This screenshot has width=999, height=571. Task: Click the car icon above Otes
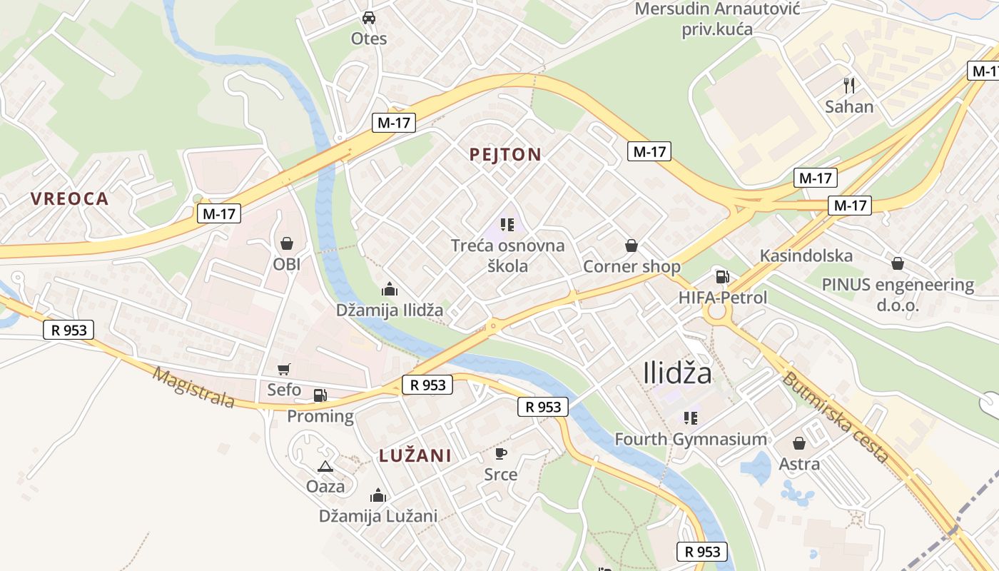click(369, 17)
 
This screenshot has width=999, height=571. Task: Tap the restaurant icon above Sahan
click(849, 86)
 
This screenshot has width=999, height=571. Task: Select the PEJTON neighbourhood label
click(506, 154)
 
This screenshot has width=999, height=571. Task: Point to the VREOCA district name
click(70, 199)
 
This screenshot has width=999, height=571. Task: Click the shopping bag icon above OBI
click(287, 243)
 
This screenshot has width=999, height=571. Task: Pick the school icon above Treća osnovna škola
click(507, 226)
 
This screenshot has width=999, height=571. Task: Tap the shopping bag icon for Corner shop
click(632, 246)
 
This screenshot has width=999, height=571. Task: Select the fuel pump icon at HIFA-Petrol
click(723, 276)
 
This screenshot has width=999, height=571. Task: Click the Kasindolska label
click(806, 256)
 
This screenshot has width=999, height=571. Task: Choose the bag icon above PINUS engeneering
click(898, 263)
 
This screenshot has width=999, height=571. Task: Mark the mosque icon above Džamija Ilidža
click(390, 289)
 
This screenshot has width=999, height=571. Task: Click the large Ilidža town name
click(677, 373)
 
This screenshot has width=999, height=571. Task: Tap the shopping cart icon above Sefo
click(284, 369)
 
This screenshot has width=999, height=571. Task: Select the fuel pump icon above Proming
click(320, 395)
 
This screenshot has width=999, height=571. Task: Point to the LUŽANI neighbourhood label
click(415, 455)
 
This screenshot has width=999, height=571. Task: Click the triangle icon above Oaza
click(325, 466)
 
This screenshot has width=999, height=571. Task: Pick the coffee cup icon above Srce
click(501, 453)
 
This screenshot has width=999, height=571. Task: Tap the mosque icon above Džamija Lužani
click(378, 495)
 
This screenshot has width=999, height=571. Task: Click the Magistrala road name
click(193, 388)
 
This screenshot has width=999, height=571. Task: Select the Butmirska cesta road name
click(836, 418)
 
